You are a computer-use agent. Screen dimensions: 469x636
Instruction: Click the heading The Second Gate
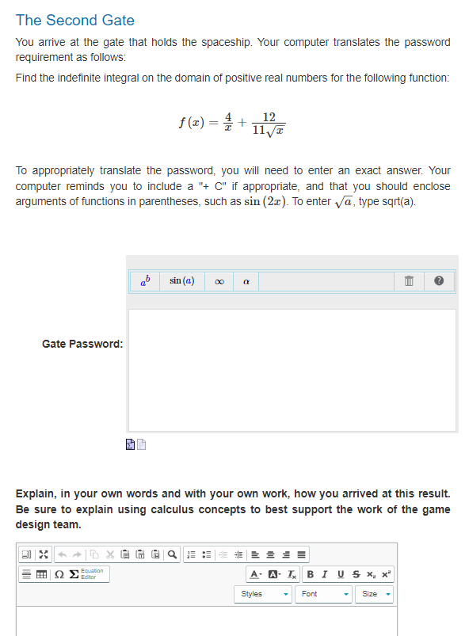75,21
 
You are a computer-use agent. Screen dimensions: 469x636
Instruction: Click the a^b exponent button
144,281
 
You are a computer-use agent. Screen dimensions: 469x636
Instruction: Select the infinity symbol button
219,282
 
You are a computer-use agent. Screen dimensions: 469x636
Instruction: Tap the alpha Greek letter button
246,282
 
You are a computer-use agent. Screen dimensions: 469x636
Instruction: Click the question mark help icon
440,282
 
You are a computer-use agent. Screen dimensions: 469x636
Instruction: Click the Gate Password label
82,344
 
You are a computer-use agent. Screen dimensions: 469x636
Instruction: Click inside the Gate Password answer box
292,370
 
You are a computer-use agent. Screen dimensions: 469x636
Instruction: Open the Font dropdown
325,593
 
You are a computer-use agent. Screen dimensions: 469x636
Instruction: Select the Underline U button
341,574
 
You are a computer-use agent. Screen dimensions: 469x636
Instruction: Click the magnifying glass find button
173,554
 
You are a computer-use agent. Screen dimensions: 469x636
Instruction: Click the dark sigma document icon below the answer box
130,447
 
